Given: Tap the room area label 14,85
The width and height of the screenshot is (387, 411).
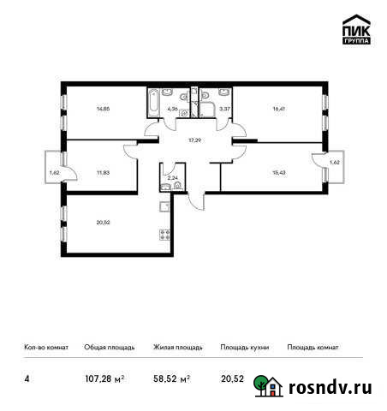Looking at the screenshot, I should coord(103,109).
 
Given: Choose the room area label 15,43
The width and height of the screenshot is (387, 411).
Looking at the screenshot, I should coord(280,170).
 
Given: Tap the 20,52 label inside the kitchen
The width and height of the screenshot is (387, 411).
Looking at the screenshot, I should coord(103,223).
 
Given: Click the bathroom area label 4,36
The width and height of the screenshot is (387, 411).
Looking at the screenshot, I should coord(173,109).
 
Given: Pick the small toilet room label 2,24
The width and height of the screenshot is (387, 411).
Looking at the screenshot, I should coord(172,177).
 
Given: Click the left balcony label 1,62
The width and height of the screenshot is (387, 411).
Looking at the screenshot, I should coord(54,172).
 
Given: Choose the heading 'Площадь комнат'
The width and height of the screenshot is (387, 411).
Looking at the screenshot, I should coord(313,348).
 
